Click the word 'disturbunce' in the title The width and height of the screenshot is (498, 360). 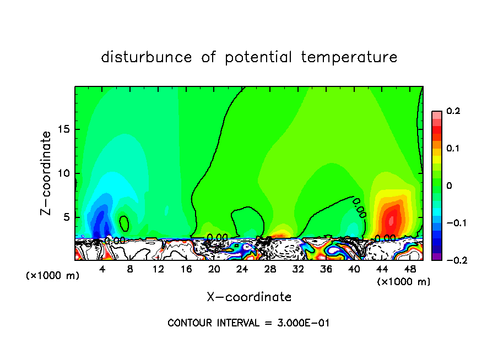pos(147,57)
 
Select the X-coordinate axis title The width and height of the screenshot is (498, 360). pos(249,297)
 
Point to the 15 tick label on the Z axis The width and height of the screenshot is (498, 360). pos(64,129)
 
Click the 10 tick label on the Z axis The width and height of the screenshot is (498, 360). pos(64,173)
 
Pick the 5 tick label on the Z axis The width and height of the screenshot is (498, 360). pos(67,217)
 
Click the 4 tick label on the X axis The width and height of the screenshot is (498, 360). pos(102,270)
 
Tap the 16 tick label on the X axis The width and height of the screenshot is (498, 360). pos(186,270)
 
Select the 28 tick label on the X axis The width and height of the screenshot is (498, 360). pos(270,270)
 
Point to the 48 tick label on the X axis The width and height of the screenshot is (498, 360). pos(409,270)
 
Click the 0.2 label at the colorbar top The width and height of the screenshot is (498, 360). pos(453,111)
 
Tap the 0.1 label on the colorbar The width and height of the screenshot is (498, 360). pos(453,149)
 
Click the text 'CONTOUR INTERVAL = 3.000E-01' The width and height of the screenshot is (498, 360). pos(248,323)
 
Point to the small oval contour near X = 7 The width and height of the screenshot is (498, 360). pos(124,223)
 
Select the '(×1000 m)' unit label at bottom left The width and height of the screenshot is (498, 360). pos(53,275)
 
